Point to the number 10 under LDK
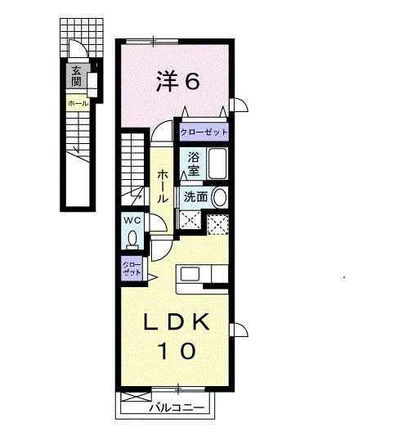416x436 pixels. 177,351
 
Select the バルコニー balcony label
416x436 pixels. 176,407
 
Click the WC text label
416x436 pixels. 132,220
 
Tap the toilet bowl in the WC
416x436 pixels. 132,238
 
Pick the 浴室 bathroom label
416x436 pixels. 194,164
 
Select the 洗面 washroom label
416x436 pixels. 195,197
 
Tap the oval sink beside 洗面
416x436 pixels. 219,197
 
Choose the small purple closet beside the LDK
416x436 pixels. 132,268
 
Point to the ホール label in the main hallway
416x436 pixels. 163,187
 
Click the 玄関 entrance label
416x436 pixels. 76,77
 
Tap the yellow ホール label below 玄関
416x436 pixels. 78,104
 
